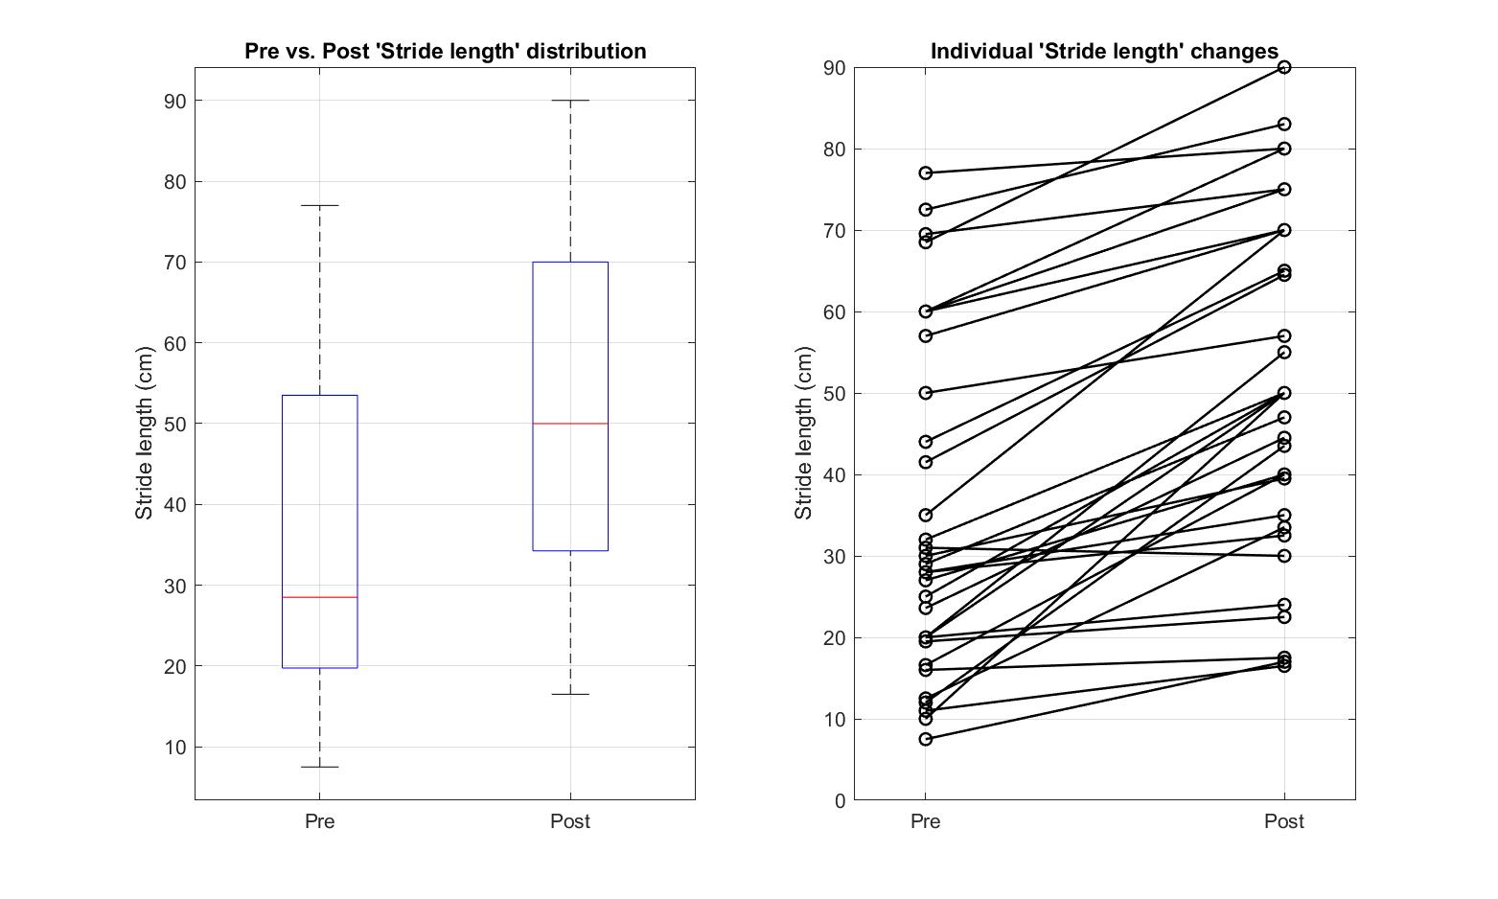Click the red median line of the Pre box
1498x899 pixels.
coord(319,597)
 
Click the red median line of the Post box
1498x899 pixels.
coord(570,424)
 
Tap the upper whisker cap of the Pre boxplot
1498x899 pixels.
coord(319,205)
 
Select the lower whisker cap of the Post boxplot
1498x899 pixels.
coord(570,694)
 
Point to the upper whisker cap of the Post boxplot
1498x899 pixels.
coord(570,101)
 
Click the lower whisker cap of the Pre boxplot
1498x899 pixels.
coord(319,767)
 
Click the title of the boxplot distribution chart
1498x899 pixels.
coord(445,52)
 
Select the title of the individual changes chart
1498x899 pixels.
coord(1104,52)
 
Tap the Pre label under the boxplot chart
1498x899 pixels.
coord(319,821)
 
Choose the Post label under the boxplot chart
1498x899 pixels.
coord(570,821)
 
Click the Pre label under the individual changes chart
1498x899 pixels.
coord(925,821)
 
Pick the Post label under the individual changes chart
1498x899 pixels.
coord(1284,821)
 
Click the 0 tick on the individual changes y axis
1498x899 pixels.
coord(840,800)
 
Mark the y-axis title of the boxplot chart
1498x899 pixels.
coord(145,433)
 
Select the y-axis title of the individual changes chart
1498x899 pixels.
coord(803,433)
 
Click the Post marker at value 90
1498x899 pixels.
coord(1284,67)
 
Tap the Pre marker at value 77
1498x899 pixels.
coord(926,173)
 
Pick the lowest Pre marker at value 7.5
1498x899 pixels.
coord(926,739)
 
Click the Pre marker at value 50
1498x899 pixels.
coord(926,393)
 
